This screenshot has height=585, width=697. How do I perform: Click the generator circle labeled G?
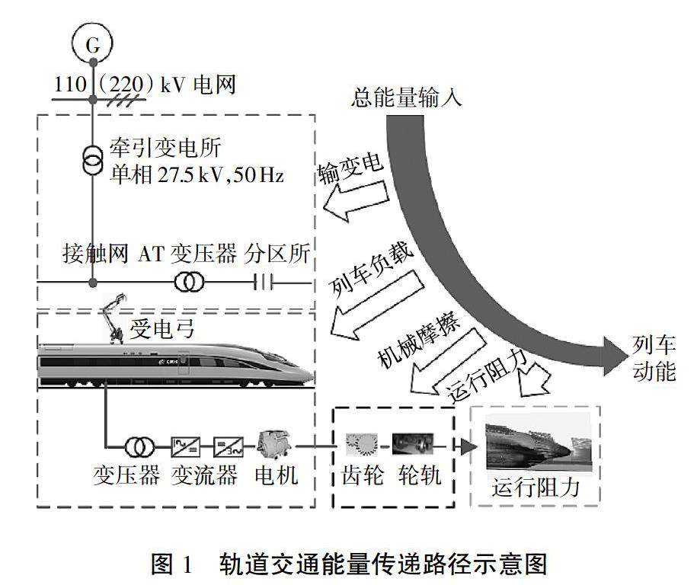92,44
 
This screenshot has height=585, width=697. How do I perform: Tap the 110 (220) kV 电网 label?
145,84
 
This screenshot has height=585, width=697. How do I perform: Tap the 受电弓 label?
157,329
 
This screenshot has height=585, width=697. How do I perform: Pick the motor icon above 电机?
273,442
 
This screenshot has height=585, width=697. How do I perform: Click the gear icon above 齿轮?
362,444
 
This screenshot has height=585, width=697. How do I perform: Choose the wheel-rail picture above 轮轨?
413,444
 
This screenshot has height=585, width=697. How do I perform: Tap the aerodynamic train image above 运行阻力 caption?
536,449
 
